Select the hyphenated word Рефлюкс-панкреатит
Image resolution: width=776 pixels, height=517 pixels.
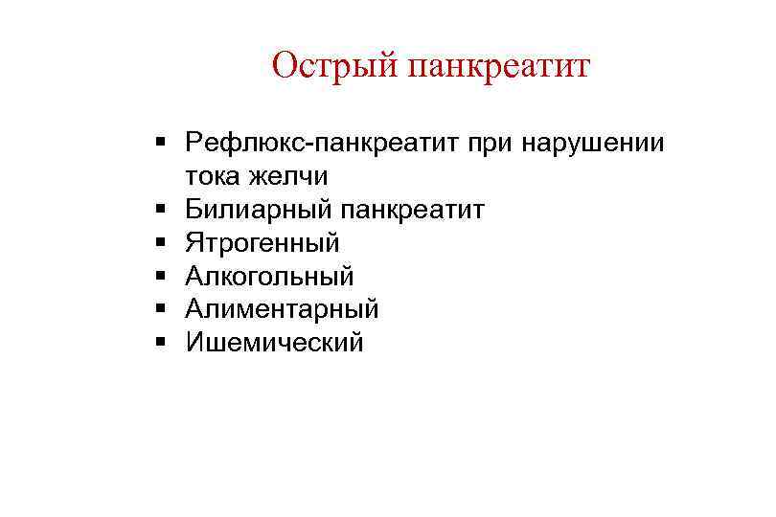click(x=324, y=144)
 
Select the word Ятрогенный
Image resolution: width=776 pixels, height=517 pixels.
click(x=263, y=243)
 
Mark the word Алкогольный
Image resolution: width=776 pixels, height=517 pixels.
click(x=270, y=277)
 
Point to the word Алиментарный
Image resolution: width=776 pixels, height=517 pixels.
click(x=283, y=309)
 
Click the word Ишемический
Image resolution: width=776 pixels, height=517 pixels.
click(x=275, y=343)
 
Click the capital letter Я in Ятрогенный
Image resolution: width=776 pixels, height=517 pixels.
click(x=194, y=243)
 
